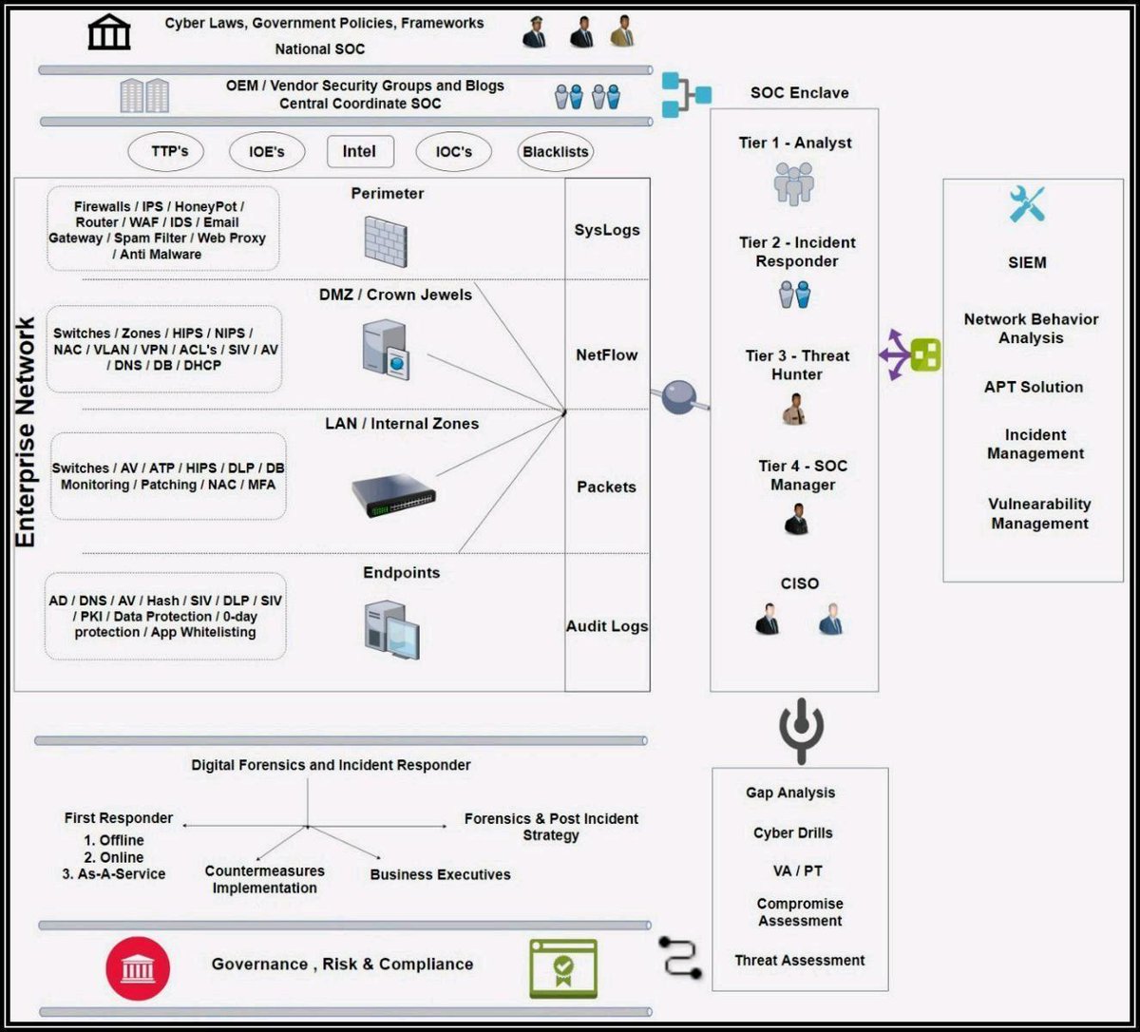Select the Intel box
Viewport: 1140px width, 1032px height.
pos(359,151)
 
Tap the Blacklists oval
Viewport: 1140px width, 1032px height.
pos(556,151)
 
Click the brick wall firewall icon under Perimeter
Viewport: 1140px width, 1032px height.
pos(387,239)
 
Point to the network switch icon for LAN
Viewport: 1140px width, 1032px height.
pos(393,495)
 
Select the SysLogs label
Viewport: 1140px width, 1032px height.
pos(607,230)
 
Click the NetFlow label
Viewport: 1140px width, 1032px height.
pos(607,354)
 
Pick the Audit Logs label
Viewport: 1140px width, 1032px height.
pos(607,626)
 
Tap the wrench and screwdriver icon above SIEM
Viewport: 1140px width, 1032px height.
pos(1027,204)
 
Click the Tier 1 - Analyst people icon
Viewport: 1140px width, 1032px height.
pos(793,183)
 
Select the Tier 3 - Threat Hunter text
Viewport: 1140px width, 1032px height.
pos(797,365)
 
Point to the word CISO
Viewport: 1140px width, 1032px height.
pos(799,583)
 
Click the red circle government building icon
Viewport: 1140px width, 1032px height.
pos(138,968)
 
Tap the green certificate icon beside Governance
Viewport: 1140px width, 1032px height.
pos(563,968)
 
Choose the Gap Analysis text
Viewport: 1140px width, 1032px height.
pos(790,793)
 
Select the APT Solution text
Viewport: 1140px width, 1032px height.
pos(1034,387)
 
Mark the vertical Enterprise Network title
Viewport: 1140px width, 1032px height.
pos(27,432)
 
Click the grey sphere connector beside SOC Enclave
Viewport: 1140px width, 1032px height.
pos(678,397)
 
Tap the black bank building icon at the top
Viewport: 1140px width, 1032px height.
pos(109,33)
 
